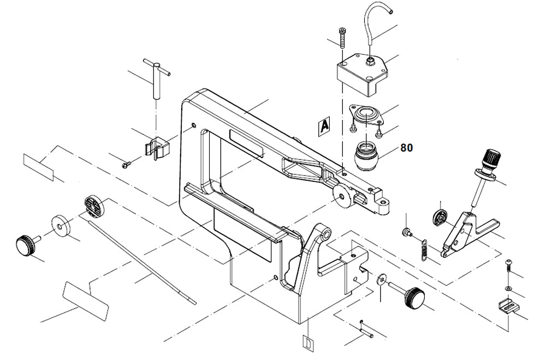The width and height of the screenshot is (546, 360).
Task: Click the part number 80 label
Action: tap(407, 147)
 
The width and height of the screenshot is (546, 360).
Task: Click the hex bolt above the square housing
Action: tap(342, 38)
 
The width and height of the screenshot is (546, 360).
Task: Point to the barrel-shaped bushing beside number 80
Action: tap(365, 156)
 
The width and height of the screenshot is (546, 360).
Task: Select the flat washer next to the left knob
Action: tap(61, 225)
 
